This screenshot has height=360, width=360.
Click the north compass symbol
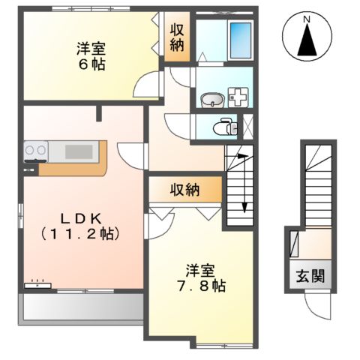coord(307,39)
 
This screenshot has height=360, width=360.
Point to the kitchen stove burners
coord(34,152)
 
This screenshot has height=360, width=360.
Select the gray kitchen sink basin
coord(78,152)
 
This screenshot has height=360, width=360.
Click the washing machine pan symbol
coord(240,97)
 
